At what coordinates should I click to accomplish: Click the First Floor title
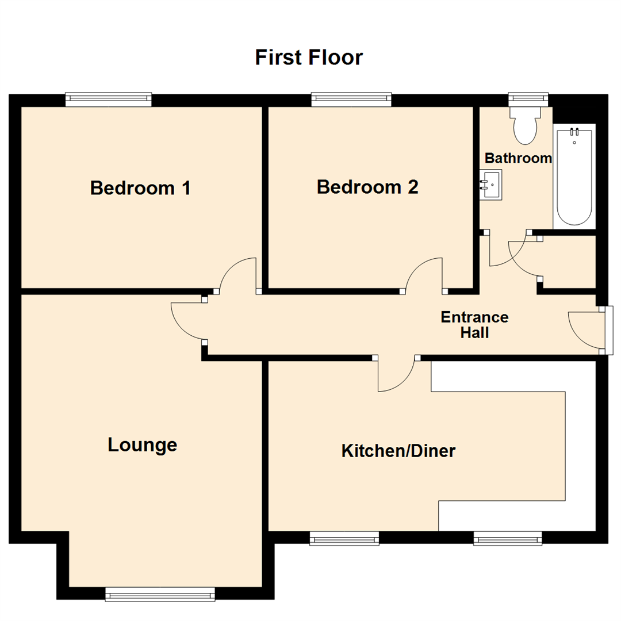[x=309, y=57]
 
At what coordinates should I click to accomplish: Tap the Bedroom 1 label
[x=140, y=188]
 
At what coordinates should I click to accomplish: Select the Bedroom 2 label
[x=367, y=187]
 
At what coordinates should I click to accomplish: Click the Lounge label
[x=142, y=444]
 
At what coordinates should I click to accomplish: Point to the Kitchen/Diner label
[x=398, y=451]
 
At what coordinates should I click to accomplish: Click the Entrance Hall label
[x=474, y=324]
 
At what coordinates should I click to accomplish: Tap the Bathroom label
[x=518, y=158]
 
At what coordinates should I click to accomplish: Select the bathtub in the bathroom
[x=574, y=177]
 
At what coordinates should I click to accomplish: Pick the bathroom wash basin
[x=490, y=184]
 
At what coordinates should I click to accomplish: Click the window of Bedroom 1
[x=108, y=100]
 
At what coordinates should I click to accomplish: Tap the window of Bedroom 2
[x=352, y=100]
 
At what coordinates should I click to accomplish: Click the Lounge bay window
[x=160, y=595]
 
